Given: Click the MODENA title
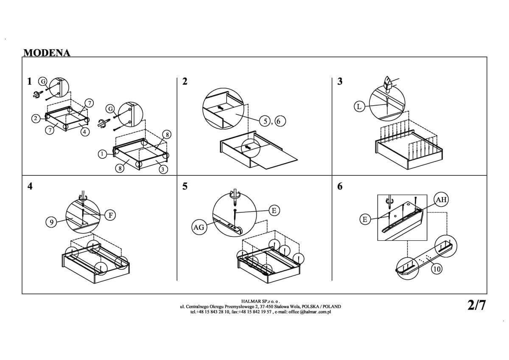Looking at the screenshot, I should pyautogui.click(x=47, y=53).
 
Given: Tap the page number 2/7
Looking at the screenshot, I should pyautogui.click(x=476, y=305).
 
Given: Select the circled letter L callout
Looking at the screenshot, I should pyautogui.click(x=359, y=107).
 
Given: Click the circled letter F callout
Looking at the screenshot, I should pyautogui.click(x=110, y=215).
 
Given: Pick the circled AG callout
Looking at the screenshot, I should pyautogui.click(x=199, y=227).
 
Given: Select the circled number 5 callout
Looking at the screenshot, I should pyautogui.click(x=266, y=121).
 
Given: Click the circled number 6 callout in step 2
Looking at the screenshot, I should pyautogui.click(x=280, y=121).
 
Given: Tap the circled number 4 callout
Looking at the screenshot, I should pyautogui.click(x=85, y=132).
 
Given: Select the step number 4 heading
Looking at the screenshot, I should pyautogui.click(x=30, y=186).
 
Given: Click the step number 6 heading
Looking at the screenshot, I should pyautogui.click(x=340, y=186).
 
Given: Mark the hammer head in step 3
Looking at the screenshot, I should pyautogui.click(x=388, y=82).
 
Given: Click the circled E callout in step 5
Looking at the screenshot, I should pyautogui.click(x=274, y=210).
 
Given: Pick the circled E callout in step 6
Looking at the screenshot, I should pyautogui.click(x=364, y=219).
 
